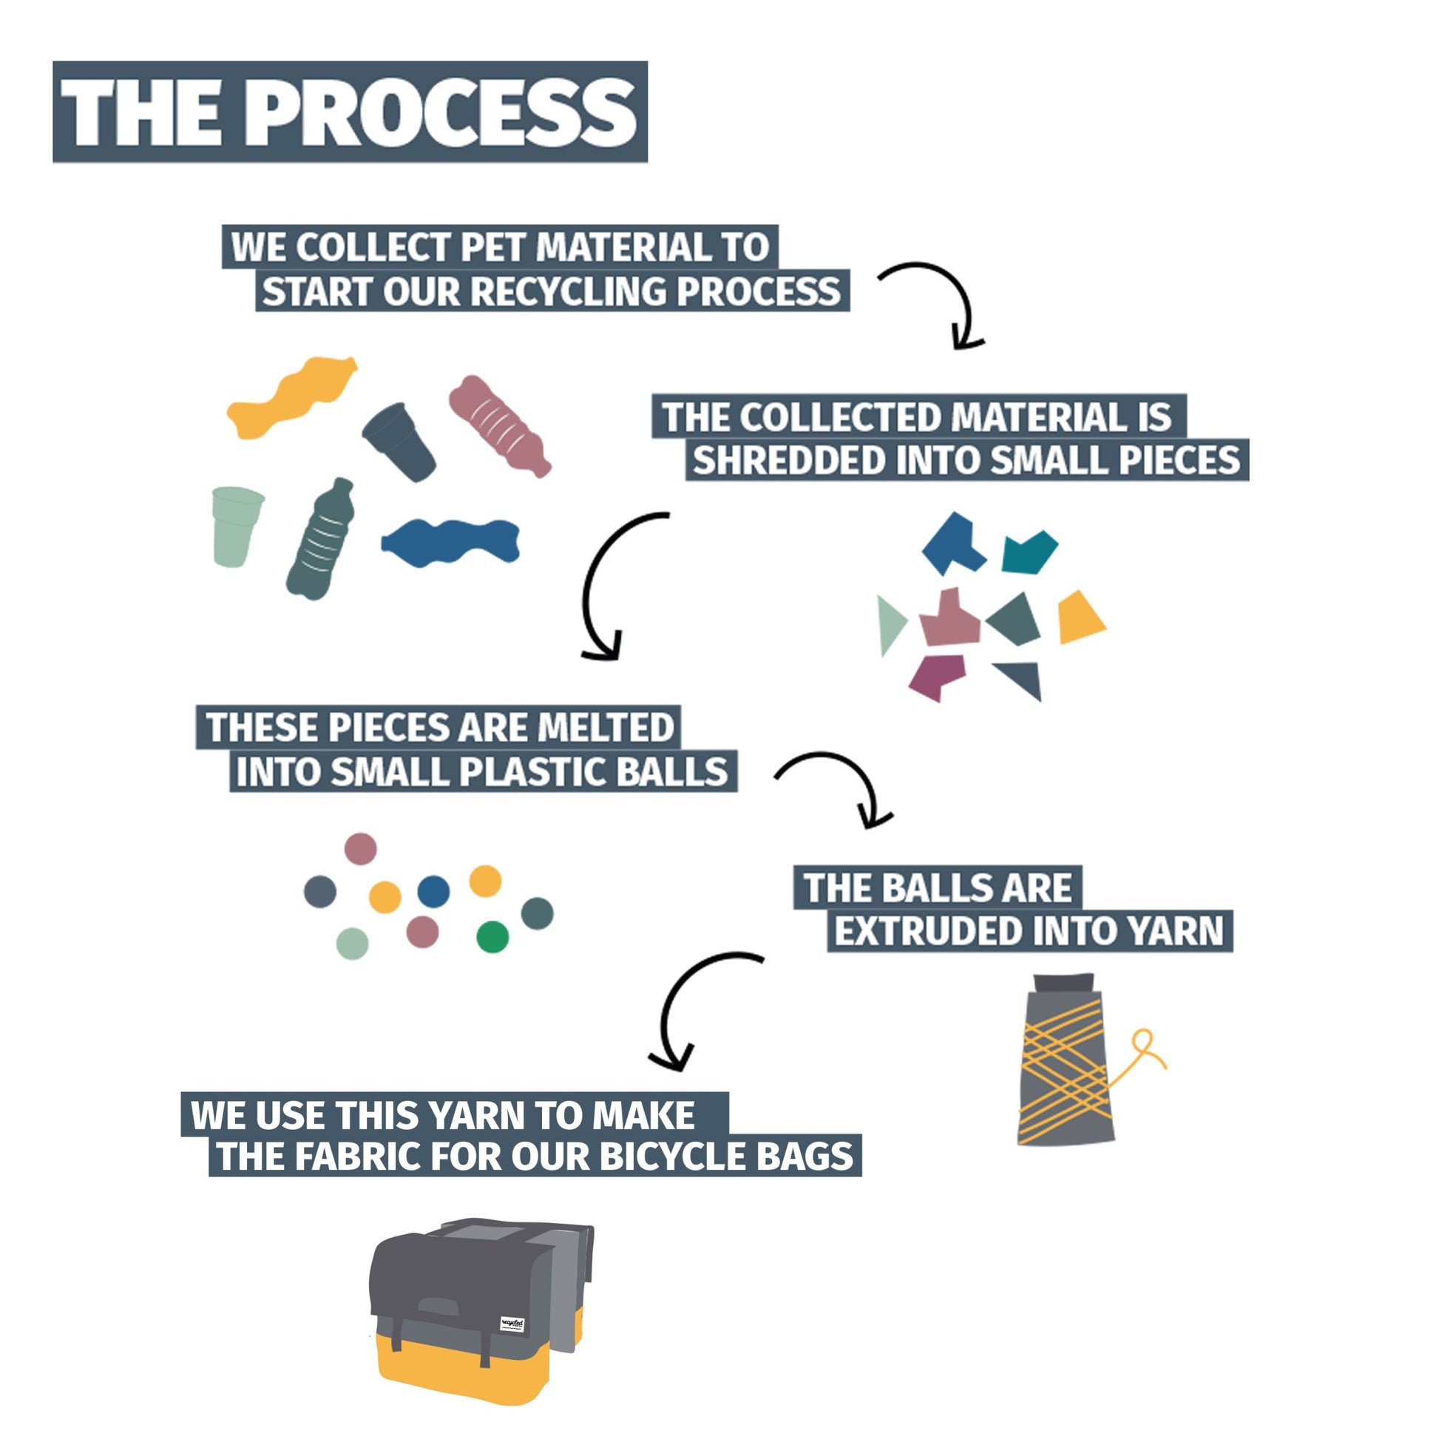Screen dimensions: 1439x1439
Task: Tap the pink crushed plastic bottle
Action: pyautogui.click(x=499, y=426)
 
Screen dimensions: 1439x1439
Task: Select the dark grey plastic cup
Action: pyautogui.click(x=399, y=441)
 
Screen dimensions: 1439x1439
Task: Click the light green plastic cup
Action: pyautogui.click(x=235, y=526)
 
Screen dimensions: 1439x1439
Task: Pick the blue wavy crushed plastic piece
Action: pyautogui.click(x=451, y=542)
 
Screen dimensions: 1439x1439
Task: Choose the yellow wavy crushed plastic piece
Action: pyautogui.click(x=292, y=397)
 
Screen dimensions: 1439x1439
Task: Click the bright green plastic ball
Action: pyautogui.click(x=492, y=937)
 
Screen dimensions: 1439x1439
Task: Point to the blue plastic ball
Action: pyautogui.click(x=433, y=892)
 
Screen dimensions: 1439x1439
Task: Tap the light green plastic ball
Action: pyautogui.click(x=352, y=944)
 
